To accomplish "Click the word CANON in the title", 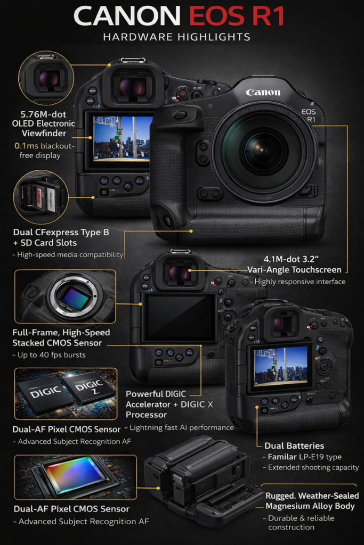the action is [127, 16].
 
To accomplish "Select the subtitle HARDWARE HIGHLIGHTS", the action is [177, 37].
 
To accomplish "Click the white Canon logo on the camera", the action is [263, 92].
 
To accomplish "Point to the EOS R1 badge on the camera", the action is [309, 115].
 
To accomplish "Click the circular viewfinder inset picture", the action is [46, 78].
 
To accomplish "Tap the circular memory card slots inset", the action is [41, 197].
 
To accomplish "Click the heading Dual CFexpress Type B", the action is [61, 232].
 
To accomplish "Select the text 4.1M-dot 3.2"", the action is [291, 259].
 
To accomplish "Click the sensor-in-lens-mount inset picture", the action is [65, 296].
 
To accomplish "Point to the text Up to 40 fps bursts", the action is [49, 355].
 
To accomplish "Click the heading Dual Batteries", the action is [294, 445].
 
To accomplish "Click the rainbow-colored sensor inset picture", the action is [75, 477].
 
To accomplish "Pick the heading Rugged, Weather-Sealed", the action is [312, 496].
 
